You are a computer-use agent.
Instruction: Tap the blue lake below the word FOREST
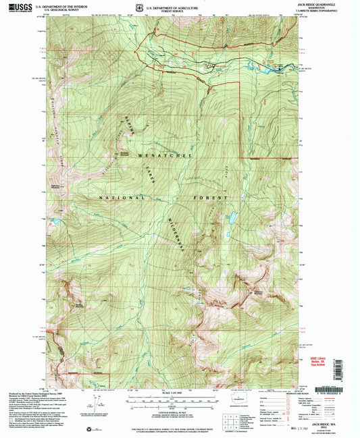click(x=231, y=218)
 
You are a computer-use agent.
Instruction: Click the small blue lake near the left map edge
click(x=57, y=221)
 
